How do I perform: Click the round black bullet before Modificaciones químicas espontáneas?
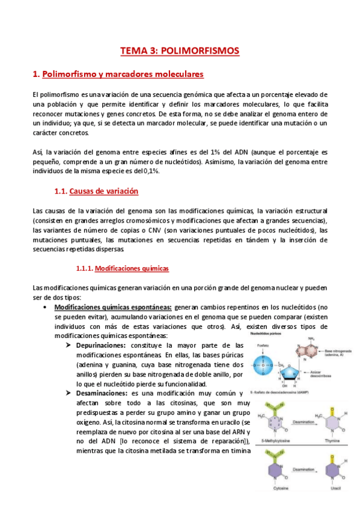coord(46,307)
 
